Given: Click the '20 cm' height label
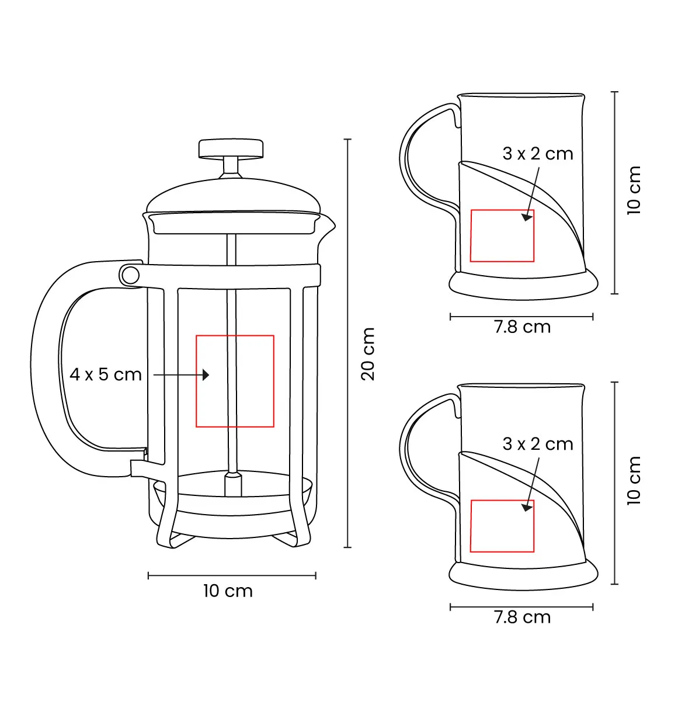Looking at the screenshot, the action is (x=368, y=354).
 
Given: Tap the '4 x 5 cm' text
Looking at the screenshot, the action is (x=106, y=374).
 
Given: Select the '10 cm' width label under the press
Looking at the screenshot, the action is (x=228, y=591).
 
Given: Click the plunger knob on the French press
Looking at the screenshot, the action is (x=231, y=148).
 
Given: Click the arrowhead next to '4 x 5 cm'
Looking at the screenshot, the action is (x=206, y=374).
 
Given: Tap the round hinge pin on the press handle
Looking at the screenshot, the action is (x=130, y=275).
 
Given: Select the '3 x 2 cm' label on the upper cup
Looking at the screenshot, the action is (x=537, y=154).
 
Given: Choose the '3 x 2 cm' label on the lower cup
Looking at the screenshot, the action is (x=537, y=444).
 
